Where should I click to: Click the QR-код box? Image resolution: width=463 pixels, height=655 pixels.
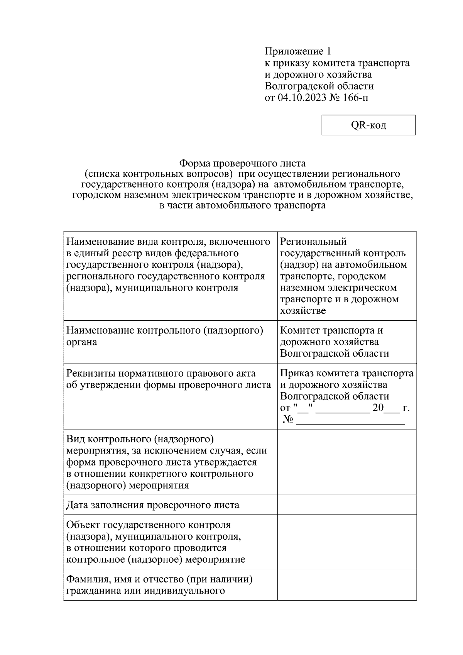click(x=368, y=125)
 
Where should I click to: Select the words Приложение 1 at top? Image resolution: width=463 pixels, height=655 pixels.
click(x=297, y=51)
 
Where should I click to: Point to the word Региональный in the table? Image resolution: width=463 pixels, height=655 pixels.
click(x=313, y=242)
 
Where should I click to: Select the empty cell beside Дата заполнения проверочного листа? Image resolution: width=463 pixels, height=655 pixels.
click(x=346, y=505)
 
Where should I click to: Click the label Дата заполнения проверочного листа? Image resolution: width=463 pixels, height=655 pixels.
click(x=153, y=505)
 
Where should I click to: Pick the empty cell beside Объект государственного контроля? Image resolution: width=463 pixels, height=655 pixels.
click(x=346, y=542)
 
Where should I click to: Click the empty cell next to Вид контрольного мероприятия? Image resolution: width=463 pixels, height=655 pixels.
click(x=346, y=462)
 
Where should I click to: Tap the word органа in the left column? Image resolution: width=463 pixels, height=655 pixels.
click(x=81, y=342)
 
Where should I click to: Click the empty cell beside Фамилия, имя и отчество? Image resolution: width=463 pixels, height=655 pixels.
click(x=346, y=585)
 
